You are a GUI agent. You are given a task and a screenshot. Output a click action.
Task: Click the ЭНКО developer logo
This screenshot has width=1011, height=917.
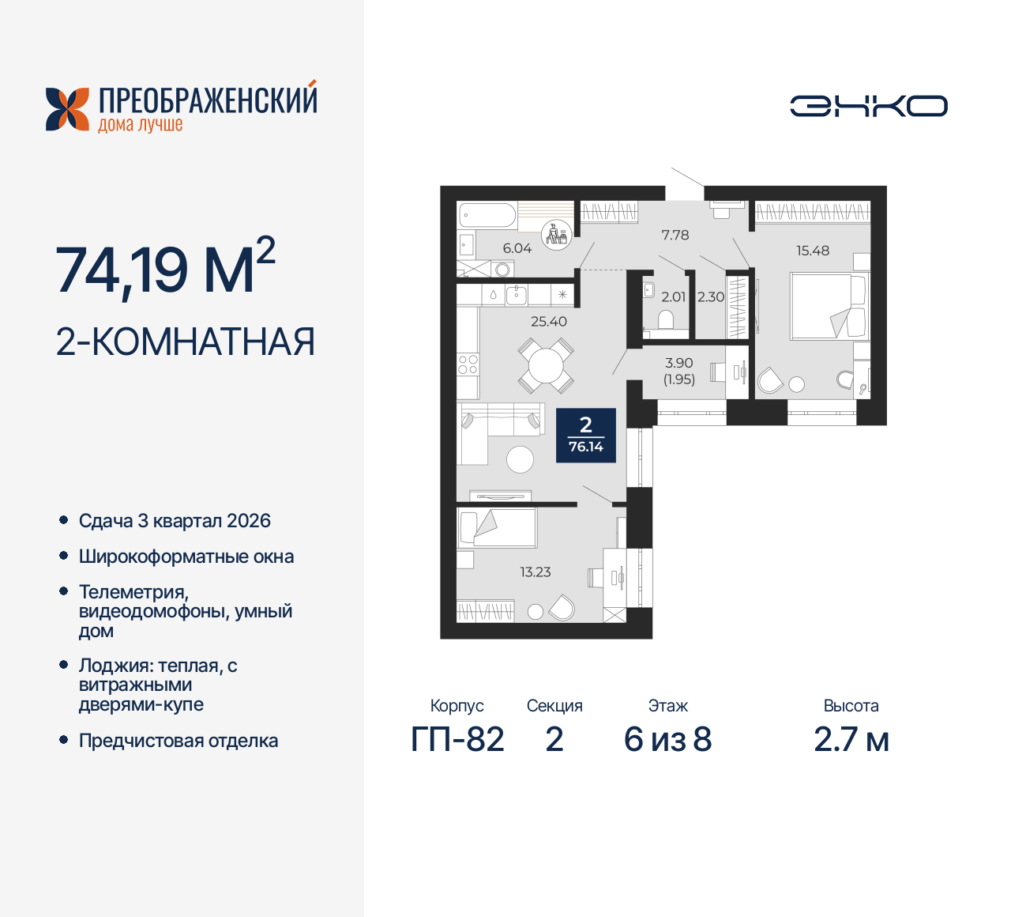pos(869,106)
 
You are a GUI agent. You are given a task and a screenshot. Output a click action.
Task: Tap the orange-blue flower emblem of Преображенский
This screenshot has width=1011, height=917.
pos(67,109)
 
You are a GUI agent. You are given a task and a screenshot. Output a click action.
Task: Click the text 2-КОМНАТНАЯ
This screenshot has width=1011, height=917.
pos(186,342)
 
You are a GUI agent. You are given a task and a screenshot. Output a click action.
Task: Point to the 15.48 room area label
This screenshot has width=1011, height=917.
pos(813,251)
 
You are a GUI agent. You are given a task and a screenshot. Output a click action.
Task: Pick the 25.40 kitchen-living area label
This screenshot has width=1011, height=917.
pos(549,322)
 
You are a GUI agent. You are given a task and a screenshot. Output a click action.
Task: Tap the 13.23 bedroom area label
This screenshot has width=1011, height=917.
pos(536,572)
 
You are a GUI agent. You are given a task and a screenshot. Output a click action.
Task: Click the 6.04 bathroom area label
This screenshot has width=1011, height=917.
pos(517,248)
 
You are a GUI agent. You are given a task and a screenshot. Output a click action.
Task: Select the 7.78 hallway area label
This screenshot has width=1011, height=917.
pos(675,235)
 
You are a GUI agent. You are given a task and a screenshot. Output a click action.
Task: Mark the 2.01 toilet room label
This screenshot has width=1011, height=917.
pos(674,297)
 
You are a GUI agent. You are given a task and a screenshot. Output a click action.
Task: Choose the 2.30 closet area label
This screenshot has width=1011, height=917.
pos(711,297)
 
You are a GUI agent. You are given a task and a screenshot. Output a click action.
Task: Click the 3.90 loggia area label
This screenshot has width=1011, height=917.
pos(679,363)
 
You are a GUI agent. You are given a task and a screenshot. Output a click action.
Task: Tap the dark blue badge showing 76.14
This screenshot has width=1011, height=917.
pos(586,436)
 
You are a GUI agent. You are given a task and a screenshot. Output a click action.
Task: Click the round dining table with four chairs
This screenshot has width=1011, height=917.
pos(546,366)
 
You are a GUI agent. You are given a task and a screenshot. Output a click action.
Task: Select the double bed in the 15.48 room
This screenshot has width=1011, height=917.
pos(828,306)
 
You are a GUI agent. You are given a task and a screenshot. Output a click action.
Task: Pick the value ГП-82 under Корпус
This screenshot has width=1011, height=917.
pos(457,740)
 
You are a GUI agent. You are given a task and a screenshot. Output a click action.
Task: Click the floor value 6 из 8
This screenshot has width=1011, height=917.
pos(668,740)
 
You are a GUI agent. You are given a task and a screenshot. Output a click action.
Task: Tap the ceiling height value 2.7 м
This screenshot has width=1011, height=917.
pos(851,740)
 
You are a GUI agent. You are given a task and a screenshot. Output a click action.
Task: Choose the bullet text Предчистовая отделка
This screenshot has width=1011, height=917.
pos(179,741)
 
